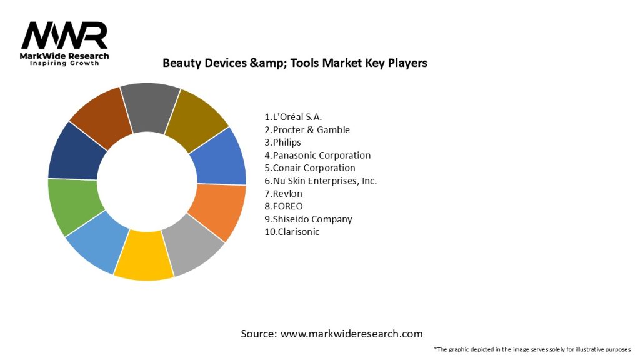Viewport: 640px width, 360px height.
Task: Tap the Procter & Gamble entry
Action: pyautogui.click(x=307, y=130)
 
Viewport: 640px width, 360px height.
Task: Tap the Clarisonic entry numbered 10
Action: pyautogui.click(x=294, y=232)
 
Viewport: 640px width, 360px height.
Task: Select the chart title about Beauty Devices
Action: pyautogui.click(x=295, y=63)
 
